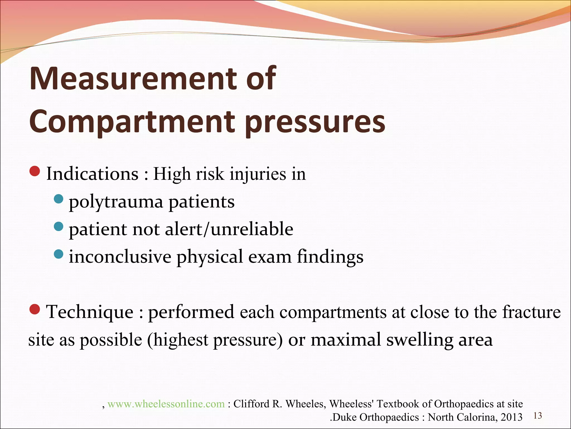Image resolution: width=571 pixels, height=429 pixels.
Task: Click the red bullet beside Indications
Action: (35, 171)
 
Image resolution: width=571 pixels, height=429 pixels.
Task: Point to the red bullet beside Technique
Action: (35, 309)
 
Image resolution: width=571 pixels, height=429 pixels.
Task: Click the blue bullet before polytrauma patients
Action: (59, 199)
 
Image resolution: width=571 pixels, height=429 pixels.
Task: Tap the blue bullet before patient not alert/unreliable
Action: (59, 227)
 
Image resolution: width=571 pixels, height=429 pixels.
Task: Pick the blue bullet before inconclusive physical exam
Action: (59, 254)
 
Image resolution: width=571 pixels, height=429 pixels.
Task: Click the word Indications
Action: (92, 174)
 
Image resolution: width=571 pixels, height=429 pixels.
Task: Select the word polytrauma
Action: (116, 202)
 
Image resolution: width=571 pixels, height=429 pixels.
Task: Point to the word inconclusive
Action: (120, 257)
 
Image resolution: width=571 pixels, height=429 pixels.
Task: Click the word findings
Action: (330, 257)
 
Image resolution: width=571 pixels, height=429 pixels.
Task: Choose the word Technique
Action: (90, 312)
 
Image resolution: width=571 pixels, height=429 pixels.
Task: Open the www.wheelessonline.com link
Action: (166, 404)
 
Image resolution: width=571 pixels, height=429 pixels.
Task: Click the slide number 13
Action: (538, 416)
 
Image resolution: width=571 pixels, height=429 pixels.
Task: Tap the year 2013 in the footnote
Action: (511, 417)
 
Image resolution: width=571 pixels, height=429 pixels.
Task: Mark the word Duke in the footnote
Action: (345, 417)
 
